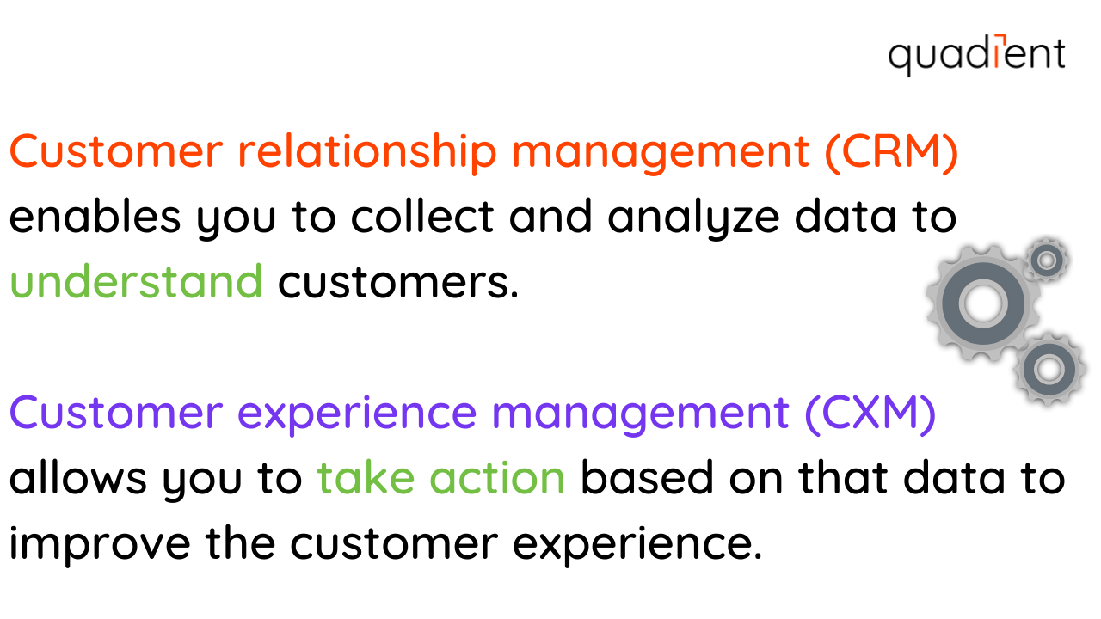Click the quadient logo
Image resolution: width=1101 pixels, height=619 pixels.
(976, 55)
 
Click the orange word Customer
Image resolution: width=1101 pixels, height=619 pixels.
(115, 152)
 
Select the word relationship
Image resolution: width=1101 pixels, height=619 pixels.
(367, 152)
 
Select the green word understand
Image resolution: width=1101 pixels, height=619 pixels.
(136, 281)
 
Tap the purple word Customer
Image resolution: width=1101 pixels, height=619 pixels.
(115, 413)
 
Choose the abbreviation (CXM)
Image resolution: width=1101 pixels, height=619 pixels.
(869, 413)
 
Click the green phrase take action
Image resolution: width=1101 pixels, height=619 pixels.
(441, 478)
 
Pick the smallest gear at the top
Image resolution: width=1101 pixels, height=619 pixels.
(1047, 259)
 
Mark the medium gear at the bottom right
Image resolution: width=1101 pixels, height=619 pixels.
(1049, 369)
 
